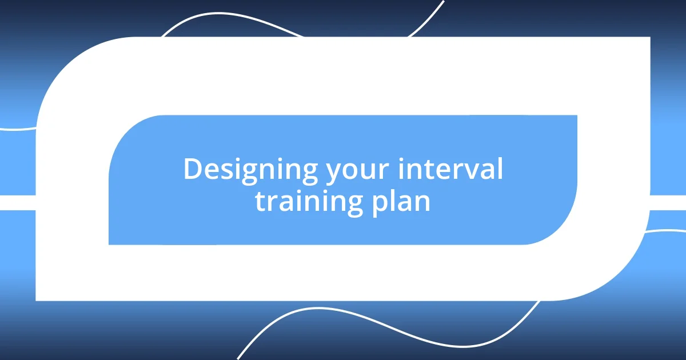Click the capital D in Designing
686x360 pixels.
192,170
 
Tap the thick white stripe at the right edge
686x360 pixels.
669,202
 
